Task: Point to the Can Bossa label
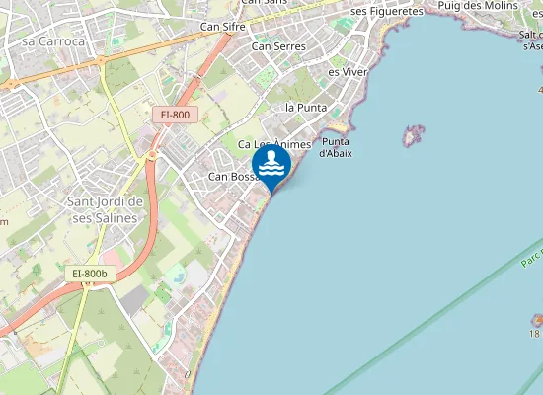[231, 177]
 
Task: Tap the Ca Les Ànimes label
[274, 144]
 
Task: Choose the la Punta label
[305, 107]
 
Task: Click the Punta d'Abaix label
[338, 146]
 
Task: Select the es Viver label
[348, 72]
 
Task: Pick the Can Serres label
[278, 45]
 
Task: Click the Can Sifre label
[222, 26]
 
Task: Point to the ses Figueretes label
[387, 11]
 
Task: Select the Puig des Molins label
[478, 6]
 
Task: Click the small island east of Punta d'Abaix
[413, 135]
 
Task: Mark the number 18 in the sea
[534, 334]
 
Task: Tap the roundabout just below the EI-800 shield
[153, 155]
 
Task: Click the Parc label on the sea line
[532, 263]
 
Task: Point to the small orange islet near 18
[538, 320]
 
